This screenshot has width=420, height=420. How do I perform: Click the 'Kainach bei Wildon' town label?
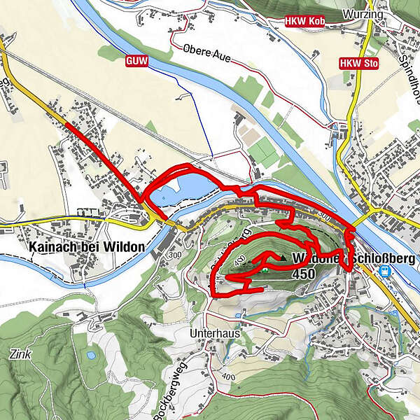click(x=87, y=247)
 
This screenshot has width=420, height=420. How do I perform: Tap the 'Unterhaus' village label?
click(x=215, y=334)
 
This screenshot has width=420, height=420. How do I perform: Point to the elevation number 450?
click(x=306, y=274)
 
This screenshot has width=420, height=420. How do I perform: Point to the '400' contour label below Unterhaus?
click(x=227, y=377)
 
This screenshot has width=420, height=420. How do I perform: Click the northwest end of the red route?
click(x=66, y=124)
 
